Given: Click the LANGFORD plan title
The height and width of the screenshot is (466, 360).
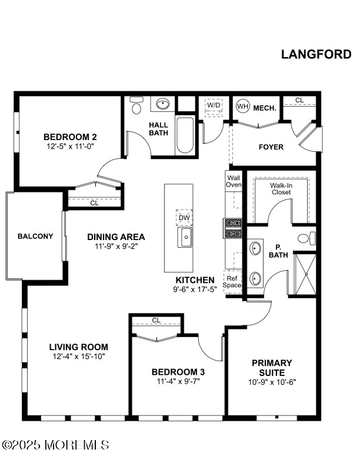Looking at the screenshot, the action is tap(316, 54).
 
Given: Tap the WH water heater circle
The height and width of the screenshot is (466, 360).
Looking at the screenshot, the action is tap(243, 106).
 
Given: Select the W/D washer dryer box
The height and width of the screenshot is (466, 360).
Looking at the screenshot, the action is tap(214, 107).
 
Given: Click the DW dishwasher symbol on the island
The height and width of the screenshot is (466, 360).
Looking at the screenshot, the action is tap(184, 218).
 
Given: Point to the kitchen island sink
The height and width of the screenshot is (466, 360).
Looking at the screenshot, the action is tap(185, 237).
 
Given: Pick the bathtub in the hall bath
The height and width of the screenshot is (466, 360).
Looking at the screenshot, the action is tap(185, 136).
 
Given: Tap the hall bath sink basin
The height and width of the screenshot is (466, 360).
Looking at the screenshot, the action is tap(162, 104).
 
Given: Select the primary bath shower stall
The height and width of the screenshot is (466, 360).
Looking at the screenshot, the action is tap(305, 274).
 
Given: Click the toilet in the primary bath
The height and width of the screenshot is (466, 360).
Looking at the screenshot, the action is tap(306, 239).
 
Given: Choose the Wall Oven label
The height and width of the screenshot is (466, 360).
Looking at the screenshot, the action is tap(234, 181).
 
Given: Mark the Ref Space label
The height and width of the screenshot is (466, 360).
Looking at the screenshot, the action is tap(232, 282).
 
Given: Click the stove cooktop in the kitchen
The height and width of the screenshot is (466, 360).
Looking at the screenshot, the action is tap(233, 228).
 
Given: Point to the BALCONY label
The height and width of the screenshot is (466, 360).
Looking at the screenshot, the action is tap(35, 237).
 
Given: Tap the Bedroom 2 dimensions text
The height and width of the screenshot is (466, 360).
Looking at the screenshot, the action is tap(70, 147).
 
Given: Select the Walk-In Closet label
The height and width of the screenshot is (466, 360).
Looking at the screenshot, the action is tap(281, 189).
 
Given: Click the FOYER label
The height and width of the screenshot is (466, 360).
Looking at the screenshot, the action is tap(271, 147).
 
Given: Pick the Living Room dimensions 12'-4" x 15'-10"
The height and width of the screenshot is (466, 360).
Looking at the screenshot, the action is tap(79, 357).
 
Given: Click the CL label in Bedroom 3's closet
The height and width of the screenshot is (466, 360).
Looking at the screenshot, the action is tap(156, 320).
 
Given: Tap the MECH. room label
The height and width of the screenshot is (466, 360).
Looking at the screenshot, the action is tap(265, 108).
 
